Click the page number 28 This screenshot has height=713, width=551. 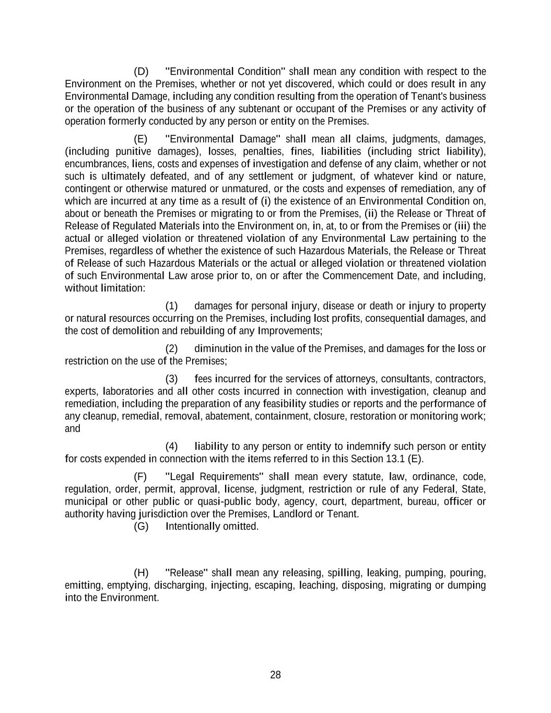(x=275, y=675)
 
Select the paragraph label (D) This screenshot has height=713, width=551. (x=141, y=72)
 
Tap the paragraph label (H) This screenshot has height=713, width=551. (x=141, y=572)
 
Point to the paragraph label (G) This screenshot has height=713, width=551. (x=141, y=527)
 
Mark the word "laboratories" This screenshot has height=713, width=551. (x=128, y=392)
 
